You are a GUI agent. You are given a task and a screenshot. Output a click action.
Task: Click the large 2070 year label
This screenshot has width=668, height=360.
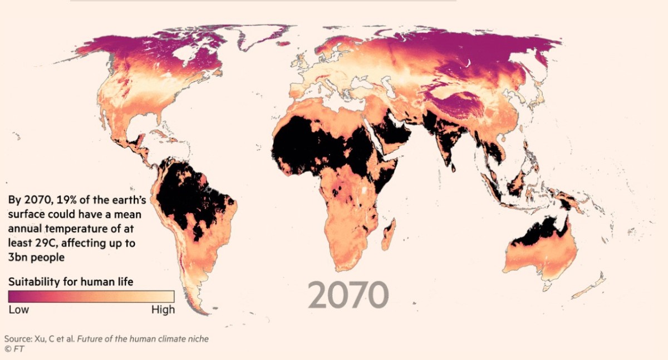coord(348,294)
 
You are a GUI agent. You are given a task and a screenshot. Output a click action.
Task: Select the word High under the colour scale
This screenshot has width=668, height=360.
coord(163,309)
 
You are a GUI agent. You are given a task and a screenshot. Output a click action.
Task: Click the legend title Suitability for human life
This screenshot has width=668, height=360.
coord(71,282)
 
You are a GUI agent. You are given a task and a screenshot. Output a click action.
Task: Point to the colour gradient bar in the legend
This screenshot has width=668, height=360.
coord(91,296)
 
